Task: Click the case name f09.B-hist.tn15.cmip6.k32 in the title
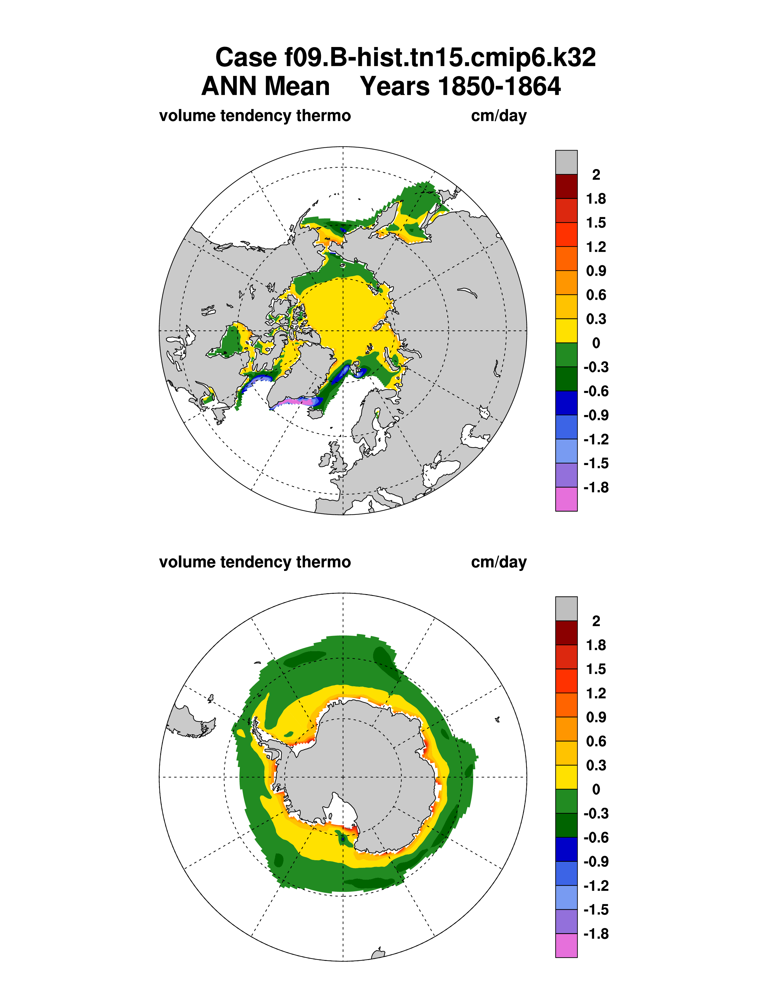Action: (405, 58)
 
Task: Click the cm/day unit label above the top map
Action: (499, 115)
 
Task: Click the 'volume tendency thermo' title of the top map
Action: (255, 115)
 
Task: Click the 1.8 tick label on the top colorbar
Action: (596, 199)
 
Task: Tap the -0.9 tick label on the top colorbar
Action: (596, 415)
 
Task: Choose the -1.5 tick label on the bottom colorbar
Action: (596, 910)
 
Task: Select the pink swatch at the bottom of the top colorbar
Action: (566, 499)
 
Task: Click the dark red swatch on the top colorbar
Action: (566, 186)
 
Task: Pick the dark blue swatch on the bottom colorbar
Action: (566, 849)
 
